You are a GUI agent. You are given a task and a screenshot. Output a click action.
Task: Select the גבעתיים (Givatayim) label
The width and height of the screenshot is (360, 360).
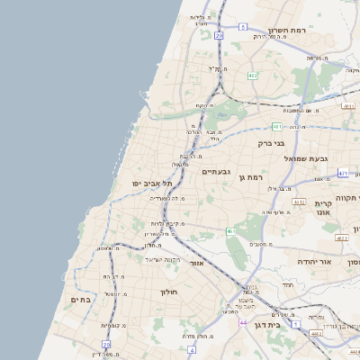(x=217, y=171)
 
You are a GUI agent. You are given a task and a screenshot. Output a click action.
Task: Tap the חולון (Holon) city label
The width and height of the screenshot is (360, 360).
(x=170, y=292)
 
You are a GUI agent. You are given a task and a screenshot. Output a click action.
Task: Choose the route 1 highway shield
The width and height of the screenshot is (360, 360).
(x=295, y=321)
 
